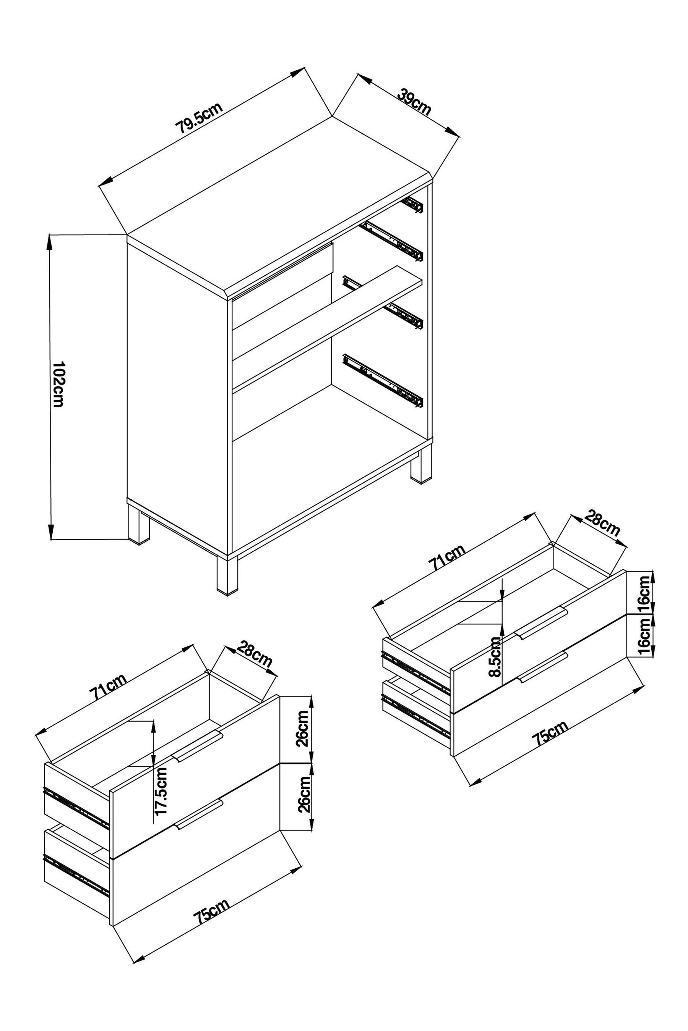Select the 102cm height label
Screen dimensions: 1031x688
click(x=58, y=384)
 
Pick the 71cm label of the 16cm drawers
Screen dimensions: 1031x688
click(x=447, y=557)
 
